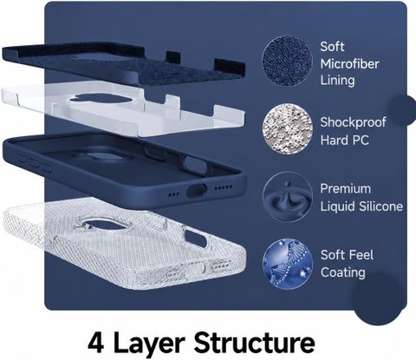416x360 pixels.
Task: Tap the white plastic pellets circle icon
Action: (x=288, y=128)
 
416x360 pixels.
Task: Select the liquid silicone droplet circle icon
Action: (x=288, y=197)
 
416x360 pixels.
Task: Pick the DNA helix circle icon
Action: (x=288, y=264)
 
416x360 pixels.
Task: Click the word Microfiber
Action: (x=349, y=63)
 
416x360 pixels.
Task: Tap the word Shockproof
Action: (x=353, y=123)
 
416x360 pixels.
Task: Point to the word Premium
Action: (x=346, y=189)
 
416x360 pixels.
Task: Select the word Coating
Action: (x=343, y=272)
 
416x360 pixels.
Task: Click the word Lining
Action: (x=337, y=81)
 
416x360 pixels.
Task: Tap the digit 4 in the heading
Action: (x=96, y=343)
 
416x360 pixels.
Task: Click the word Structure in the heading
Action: (x=254, y=343)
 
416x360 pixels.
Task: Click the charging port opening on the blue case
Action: (x=197, y=191)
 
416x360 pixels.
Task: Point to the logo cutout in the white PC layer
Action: (x=100, y=99)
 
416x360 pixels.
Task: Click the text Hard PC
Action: (x=345, y=141)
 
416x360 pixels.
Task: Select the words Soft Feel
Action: (x=347, y=255)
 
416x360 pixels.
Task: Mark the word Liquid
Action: (x=338, y=206)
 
